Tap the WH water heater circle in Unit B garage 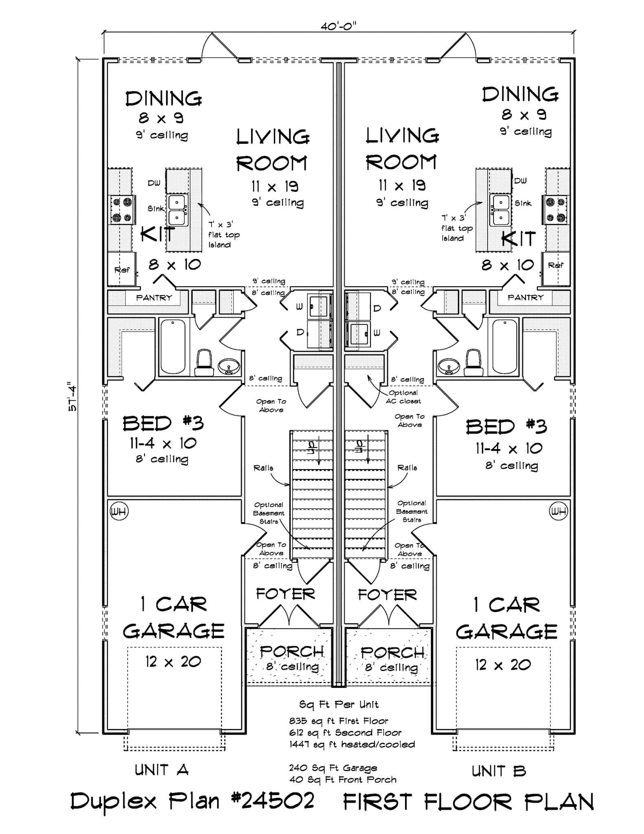click(x=558, y=511)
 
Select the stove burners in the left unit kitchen click(x=123, y=210)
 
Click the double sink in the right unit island click(x=500, y=210)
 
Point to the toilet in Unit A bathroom click(x=204, y=363)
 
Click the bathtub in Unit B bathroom click(x=505, y=346)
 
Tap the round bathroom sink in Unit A click(x=229, y=367)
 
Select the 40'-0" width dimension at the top click(x=338, y=26)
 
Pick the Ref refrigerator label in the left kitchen click(x=122, y=270)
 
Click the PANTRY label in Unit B click(x=525, y=297)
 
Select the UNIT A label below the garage click(x=162, y=770)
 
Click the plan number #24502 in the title click(x=273, y=801)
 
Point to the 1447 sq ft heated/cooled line click(x=352, y=744)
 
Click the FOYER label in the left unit click(x=285, y=594)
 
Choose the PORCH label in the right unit click(x=392, y=652)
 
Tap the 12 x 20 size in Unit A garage click(x=173, y=662)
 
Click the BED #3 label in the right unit click(x=506, y=426)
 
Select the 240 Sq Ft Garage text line click(x=333, y=768)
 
